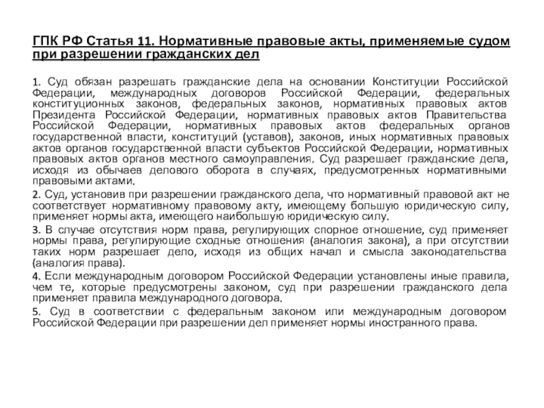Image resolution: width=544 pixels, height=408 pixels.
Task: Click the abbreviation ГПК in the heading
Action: click(48, 42)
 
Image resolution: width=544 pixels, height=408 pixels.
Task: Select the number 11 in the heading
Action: click(149, 42)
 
